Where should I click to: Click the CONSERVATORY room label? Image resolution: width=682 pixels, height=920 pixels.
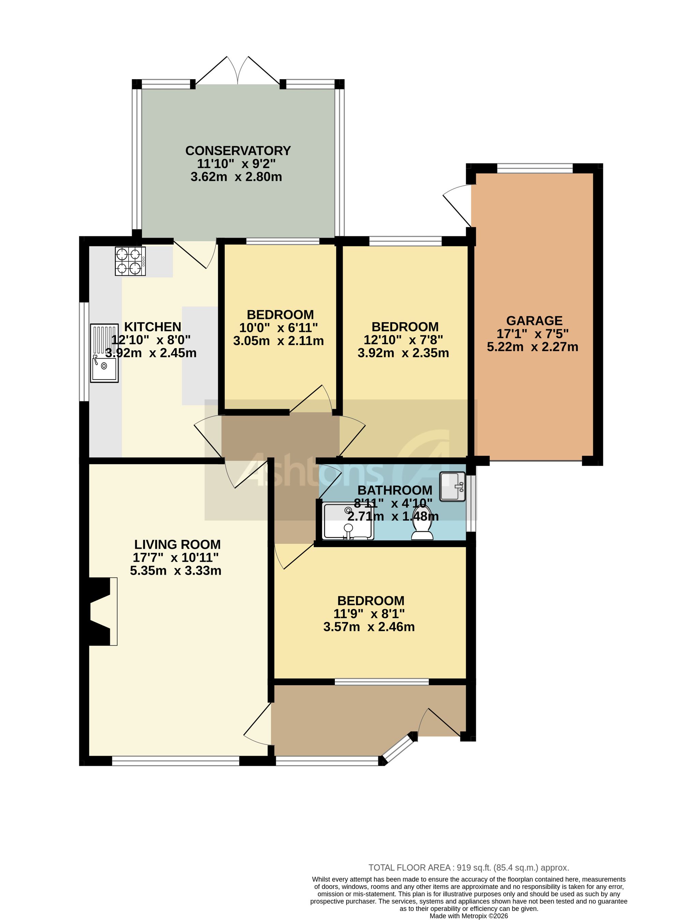[238, 151]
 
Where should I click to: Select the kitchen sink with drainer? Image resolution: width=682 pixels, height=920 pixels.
[104, 353]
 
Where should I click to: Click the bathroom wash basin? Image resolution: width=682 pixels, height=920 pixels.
[453, 487]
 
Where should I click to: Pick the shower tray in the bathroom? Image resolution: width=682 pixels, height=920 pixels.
[349, 521]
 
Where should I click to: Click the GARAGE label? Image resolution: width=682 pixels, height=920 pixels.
[534, 320]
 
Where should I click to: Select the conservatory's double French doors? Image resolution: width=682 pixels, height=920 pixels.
[237, 71]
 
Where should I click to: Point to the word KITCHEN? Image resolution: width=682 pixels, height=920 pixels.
[153, 327]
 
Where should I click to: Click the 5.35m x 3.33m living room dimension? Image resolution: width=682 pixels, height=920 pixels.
[176, 571]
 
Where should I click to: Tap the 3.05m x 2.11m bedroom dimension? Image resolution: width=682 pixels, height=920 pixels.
[279, 341]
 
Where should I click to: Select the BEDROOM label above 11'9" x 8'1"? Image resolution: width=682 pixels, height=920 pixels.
[371, 600]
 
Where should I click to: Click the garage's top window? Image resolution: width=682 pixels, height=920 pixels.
[535, 168]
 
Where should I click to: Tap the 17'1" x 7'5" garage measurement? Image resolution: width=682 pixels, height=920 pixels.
[533, 333]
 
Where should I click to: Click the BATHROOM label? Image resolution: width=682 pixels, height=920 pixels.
[395, 490]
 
